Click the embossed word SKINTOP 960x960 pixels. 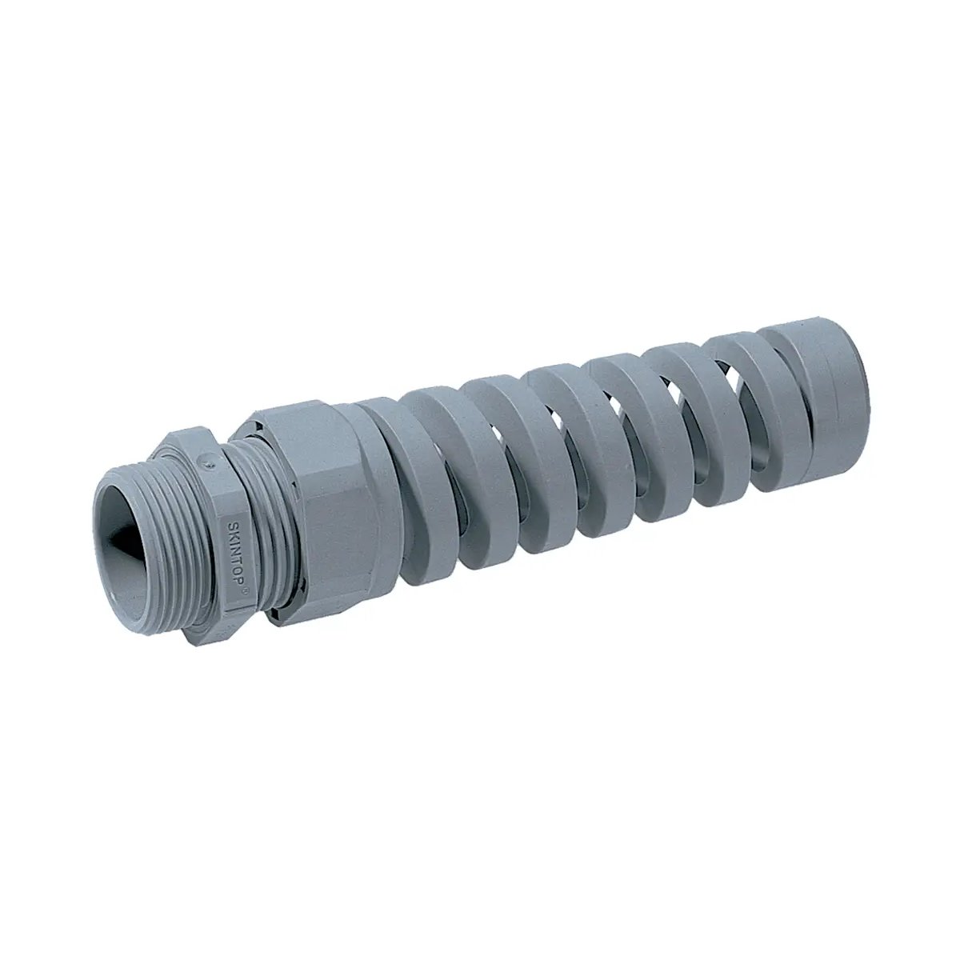230,551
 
